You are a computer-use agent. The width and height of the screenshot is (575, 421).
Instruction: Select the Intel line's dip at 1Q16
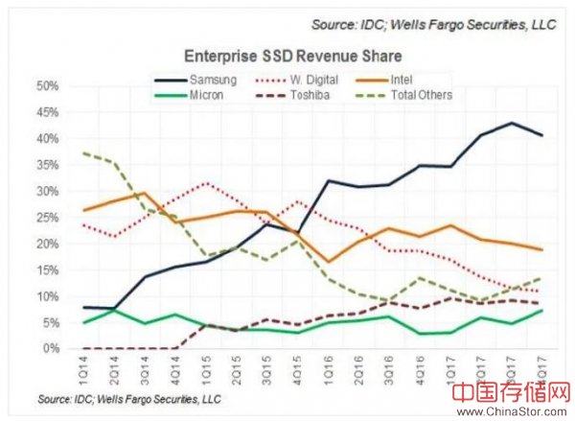328,262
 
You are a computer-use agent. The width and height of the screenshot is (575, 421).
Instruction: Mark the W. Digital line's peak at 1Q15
204,182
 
